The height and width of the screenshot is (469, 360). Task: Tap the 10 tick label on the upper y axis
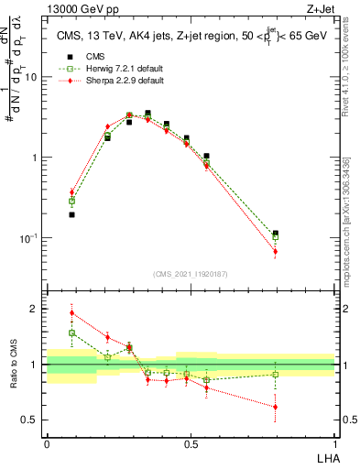(31, 77)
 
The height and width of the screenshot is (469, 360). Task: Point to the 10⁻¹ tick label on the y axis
(29, 239)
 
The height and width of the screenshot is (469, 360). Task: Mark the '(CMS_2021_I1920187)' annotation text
(191, 273)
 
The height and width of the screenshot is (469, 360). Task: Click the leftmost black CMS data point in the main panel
(71, 215)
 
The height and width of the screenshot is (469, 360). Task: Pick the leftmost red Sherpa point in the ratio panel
(71, 312)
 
